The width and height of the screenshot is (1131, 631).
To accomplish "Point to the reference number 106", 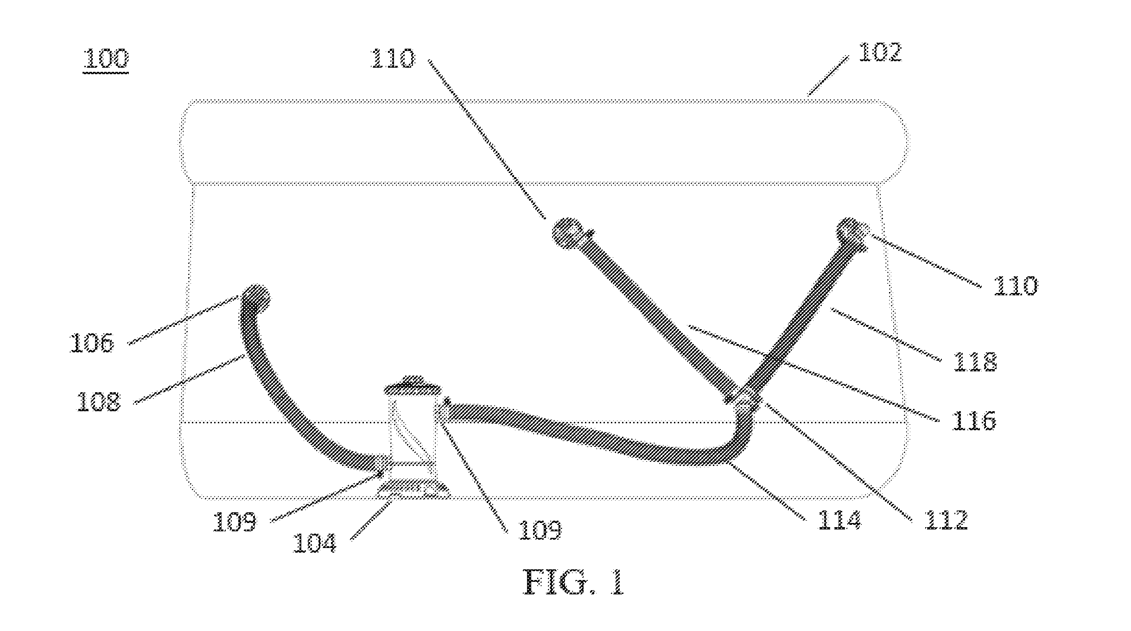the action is [91, 344].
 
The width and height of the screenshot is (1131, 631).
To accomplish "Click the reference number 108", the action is [99, 402].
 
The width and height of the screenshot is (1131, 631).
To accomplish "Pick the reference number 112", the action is [946, 520].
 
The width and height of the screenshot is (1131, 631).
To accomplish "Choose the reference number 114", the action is [839, 520].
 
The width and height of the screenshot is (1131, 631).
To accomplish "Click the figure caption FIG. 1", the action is [574, 582].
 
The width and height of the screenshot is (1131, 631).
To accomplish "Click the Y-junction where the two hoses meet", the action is [743, 400].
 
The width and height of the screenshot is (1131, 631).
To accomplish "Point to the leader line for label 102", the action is [828, 76].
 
